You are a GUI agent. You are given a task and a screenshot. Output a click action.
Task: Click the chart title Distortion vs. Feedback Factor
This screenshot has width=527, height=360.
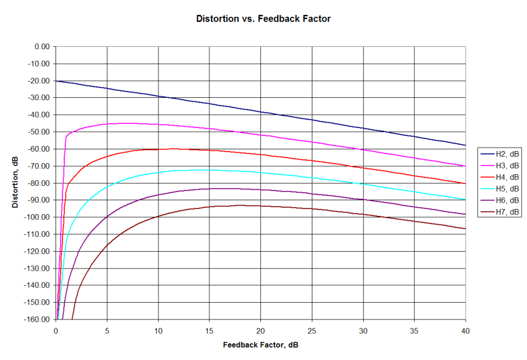click(263, 19)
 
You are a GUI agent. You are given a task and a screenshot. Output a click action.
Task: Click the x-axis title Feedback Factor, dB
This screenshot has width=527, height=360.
click(260, 345)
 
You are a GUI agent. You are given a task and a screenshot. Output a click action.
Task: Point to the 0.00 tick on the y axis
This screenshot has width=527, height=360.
click(41, 47)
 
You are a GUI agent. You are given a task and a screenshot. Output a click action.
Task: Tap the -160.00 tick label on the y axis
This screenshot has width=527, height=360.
click(37, 319)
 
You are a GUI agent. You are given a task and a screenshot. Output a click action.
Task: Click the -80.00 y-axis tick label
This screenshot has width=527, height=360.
click(39, 183)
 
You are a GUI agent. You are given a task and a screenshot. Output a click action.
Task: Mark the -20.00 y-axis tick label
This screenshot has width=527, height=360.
click(39, 81)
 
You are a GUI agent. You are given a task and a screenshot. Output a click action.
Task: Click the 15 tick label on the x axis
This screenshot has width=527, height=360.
click(209, 330)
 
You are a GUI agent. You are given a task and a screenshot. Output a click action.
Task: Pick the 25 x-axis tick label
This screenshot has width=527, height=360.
click(312, 330)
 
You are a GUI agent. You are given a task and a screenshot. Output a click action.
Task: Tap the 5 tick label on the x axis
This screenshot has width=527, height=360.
click(107, 330)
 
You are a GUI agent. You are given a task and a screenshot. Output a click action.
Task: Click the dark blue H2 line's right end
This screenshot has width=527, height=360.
click(465, 145)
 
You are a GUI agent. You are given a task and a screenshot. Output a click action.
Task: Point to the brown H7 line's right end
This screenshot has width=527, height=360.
click(465, 229)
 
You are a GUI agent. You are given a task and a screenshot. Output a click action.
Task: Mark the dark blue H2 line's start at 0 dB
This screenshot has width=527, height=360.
click(56, 81)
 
